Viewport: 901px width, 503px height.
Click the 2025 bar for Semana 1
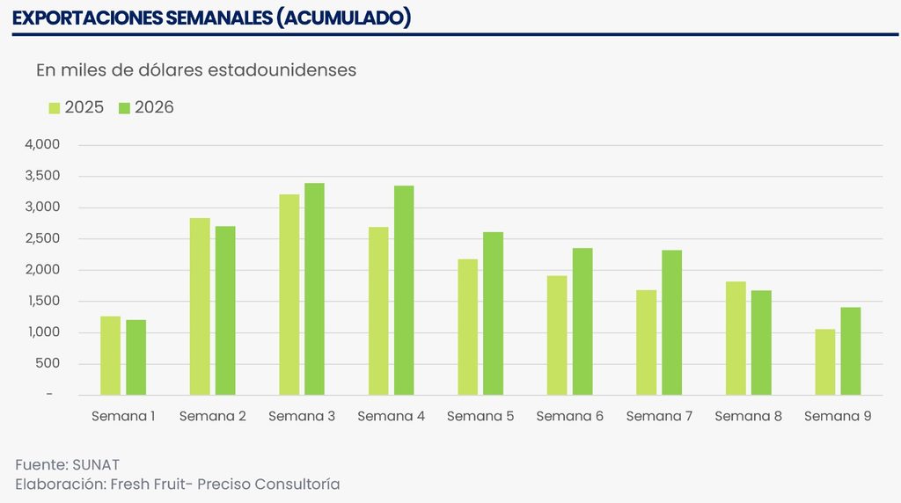point(110,355)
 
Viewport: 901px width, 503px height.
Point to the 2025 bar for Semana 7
point(646,342)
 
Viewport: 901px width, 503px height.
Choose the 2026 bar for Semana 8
point(761,343)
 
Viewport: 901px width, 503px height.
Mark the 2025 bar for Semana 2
point(200,306)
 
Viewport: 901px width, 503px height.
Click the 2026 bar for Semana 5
point(493,313)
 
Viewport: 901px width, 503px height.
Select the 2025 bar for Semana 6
point(557,335)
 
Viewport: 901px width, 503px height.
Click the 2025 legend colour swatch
point(55,108)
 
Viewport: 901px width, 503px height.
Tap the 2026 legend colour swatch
point(124,108)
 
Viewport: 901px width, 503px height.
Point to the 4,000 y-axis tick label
point(43,144)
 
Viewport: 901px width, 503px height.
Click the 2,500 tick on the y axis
point(43,238)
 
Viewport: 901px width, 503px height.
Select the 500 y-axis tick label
point(49,363)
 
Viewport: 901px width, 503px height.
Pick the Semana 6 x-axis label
point(569,416)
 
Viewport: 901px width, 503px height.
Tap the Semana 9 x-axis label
point(838,416)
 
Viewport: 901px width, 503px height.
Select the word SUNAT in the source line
point(97,464)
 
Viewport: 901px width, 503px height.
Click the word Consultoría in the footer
point(297,485)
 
